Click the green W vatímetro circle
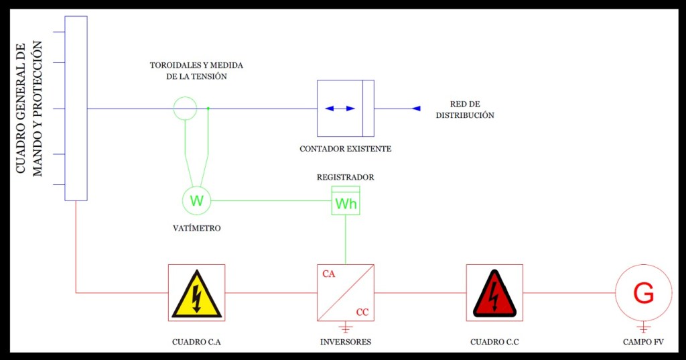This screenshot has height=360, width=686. point(196,200)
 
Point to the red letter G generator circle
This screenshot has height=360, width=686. point(643,293)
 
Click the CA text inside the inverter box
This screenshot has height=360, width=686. point(329,274)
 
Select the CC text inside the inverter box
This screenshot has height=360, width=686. point(362,312)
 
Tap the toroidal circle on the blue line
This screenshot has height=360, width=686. point(185,108)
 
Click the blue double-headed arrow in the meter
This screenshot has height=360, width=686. point(340,108)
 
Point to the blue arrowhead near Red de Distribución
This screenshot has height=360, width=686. point(416,108)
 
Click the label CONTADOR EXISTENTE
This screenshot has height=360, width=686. point(346,149)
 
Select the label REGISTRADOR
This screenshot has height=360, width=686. point(346,178)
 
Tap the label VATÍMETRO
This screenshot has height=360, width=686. point(196,229)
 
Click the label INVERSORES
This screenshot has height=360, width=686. point(346,343)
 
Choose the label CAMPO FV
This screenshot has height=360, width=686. point(643,343)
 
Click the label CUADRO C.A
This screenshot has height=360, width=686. point(196,343)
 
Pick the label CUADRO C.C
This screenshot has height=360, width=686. point(494,343)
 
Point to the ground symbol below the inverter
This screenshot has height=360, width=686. point(346,328)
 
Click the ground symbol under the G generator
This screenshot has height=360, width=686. point(643,328)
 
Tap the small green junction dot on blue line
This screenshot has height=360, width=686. point(208,108)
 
